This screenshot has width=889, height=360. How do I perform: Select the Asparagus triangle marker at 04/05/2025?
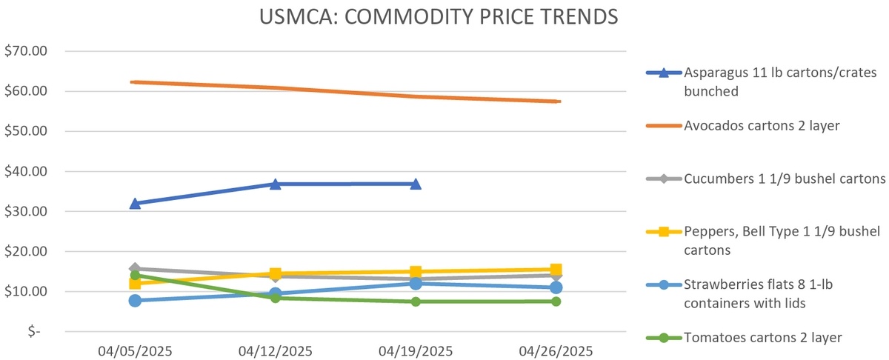(x=135, y=203)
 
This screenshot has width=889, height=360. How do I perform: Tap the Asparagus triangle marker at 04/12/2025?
(x=275, y=184)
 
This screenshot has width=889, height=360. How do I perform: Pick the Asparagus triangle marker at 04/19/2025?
(x=416, y=184)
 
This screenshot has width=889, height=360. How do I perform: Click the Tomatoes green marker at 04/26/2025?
(x=556, y=301)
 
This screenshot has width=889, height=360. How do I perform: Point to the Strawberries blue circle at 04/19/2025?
(x=416, y=284)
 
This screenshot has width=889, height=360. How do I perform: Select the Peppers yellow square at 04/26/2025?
(x=556, y=270)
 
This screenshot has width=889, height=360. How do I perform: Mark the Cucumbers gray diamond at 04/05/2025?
(x=135, y=269)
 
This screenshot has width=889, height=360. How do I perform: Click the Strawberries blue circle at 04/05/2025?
(x=135, y=300)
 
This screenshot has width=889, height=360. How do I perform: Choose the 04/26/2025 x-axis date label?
(x=556, y=350)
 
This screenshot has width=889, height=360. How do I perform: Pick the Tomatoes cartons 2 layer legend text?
(x=763, y=338)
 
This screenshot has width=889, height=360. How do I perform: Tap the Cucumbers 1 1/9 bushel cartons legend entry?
(x=785, y=179)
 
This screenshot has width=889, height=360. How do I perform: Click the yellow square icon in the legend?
(x=664, y=231)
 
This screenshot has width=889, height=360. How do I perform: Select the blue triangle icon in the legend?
(x=664, y=73)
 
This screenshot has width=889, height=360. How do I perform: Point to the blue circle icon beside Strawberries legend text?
(x=664, y=284)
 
